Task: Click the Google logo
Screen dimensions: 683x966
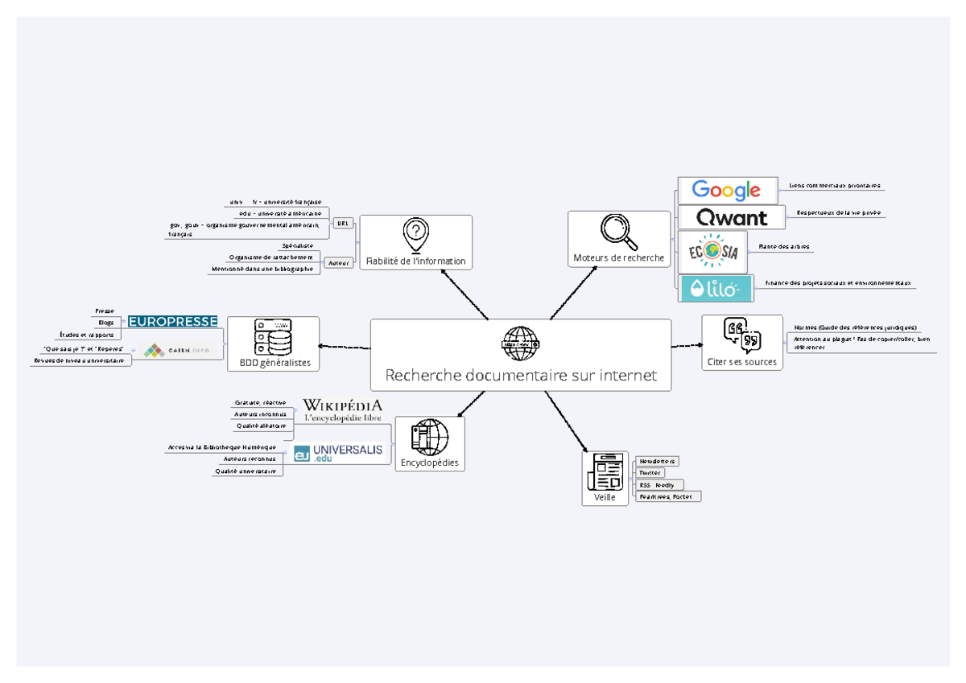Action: click(x=726, y=191)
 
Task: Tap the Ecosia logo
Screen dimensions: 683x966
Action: click(x=712, y=252)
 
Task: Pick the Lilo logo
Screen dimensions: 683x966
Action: click(x=716, y=288)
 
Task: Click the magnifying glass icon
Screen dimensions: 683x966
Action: click(x=619, y=232)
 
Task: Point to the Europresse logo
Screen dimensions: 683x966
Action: click(x=173, y=322)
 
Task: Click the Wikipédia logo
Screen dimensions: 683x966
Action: click(x=342, y=409)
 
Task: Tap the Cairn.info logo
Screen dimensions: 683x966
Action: click(x=176, y=351)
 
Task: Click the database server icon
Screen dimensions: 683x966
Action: click(x=273, y=337)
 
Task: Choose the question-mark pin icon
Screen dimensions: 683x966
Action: click(x=415, y=234)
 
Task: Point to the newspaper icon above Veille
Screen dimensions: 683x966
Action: click(x=605, y=471)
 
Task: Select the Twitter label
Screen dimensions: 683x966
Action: click(x=650, y=473)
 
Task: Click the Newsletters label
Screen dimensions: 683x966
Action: click(x=657, y=461)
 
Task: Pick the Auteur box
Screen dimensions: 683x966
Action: click(x=340, y=262)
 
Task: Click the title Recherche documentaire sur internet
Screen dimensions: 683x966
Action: click(x=520, y=375)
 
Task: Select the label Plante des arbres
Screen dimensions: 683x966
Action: click(x=778, y=246)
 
